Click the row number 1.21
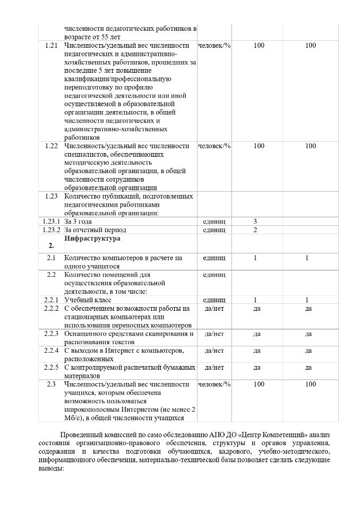pyautogui.click(x=52, y=46)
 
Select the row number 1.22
pyautogui.click(x=52, y=146)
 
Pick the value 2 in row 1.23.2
pyautogui.click(x=255, y=230)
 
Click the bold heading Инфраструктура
pyautogui.click(x=92, y=239)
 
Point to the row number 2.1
pyautogui.click(x=52, y=258)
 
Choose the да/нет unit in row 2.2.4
pyautogui.click(x=214, y=351)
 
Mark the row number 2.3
pyautogui.click(x=52, y=384)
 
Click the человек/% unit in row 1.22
pyautogui.click(x=214, y=146)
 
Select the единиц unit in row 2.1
pyautogui.click(x=214, y=258)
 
